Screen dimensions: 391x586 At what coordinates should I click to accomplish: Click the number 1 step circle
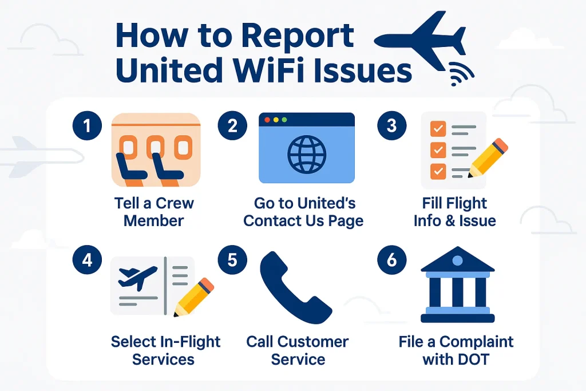pos(87,126)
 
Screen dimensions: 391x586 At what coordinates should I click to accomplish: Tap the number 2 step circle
pos(232,126)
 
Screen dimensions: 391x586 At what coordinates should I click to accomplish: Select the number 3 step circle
pos(391,126)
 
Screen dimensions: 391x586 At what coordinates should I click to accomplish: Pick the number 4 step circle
pos(87,260)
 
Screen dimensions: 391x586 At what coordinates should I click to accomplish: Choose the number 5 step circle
pos(232,260)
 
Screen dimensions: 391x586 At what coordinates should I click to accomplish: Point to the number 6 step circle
pos(391,260)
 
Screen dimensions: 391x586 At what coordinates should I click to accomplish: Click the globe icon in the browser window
pos(306,154)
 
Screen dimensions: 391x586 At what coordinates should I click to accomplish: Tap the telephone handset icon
pos(294,289)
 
